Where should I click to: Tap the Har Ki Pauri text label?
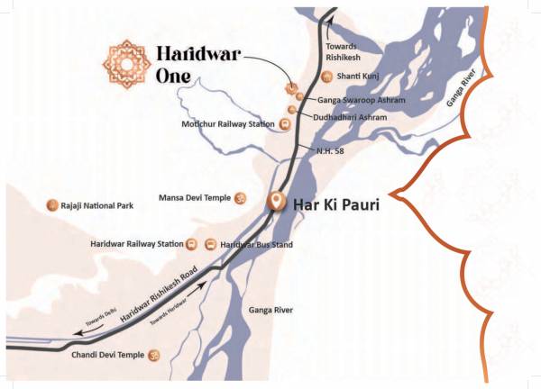tap(335, 204)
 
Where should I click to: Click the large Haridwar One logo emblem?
tap(126, 63)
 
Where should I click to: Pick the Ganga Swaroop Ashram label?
tap(362, 99)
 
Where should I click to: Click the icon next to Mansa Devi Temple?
tap(241, 197)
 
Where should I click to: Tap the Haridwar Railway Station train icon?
tap(191, 244)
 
